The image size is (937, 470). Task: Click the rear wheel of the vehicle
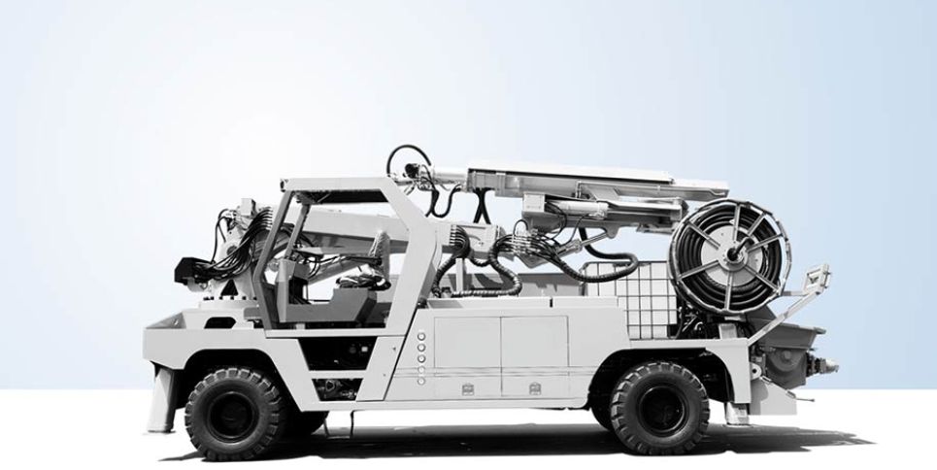click(660, 409)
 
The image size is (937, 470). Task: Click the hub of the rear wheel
click(660, 409)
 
